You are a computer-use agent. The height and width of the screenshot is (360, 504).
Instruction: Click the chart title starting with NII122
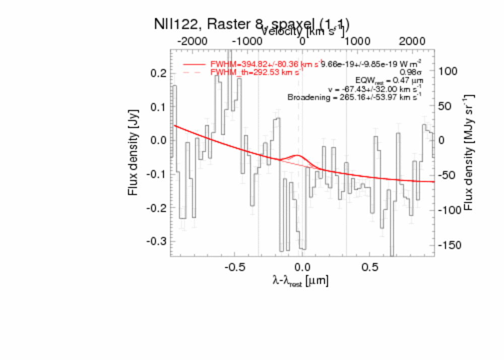(x=252, y=25)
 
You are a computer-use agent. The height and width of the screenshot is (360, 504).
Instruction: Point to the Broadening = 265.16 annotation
(x=354, y=97)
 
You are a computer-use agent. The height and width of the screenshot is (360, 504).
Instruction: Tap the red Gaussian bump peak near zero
(x=296, y=155)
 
